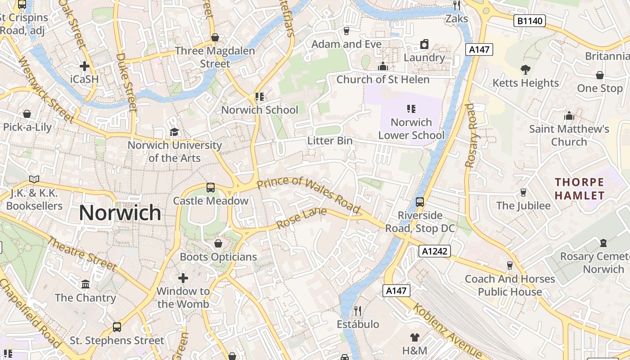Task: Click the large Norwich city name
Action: [120, 213]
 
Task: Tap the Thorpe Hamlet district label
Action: [580, 189]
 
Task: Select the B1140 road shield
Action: [530, 21]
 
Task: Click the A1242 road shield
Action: [435, 251]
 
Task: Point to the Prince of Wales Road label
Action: [309, 195]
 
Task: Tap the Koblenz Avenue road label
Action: [448, 332]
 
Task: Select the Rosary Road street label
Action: [470, 135]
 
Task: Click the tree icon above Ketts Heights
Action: [525, 69]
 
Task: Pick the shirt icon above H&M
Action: [414, 337]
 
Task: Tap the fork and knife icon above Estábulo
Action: [358, 310]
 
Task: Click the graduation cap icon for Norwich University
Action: [174, 132]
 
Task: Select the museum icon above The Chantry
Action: [85, 284]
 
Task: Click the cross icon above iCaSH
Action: [84, 66]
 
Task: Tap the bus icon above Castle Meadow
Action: [210, 187]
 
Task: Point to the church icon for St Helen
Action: [383, 66]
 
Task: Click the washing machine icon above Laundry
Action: [424, 44]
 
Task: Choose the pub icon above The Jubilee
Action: [523, 193]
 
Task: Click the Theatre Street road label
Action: [82, 254]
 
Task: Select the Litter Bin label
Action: [330, 141]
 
